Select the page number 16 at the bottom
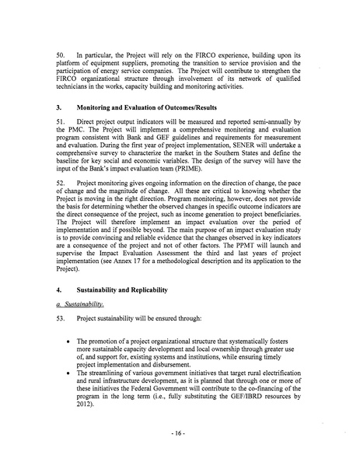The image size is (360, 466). click(x=180, y=449)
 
